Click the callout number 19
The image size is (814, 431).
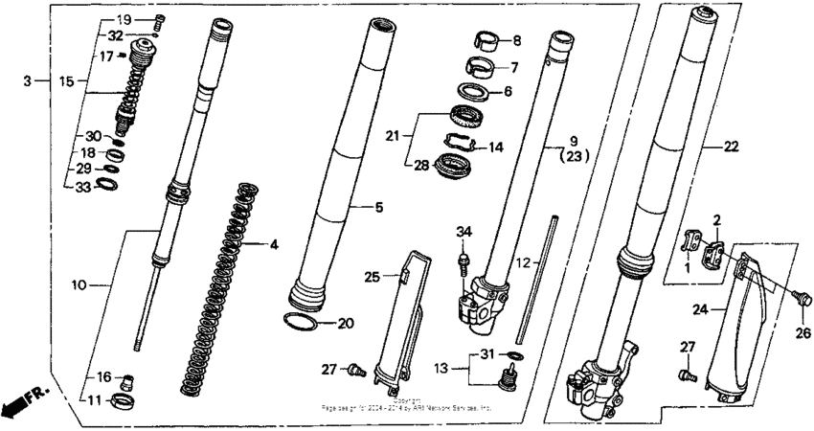(124, 20)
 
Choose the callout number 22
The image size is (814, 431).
(732, 147)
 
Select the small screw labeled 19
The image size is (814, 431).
(160, 20)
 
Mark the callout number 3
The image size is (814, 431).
(30, 82)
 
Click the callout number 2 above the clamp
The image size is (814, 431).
(715, 220)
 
